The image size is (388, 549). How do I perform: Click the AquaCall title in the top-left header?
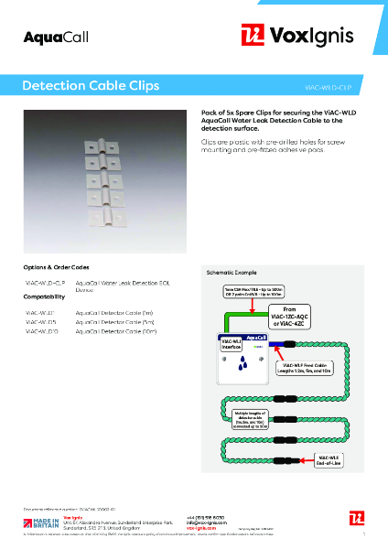pyautogui.click(x=48, y=37)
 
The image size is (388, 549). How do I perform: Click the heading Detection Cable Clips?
pyautogui.click(x=91, y=85)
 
